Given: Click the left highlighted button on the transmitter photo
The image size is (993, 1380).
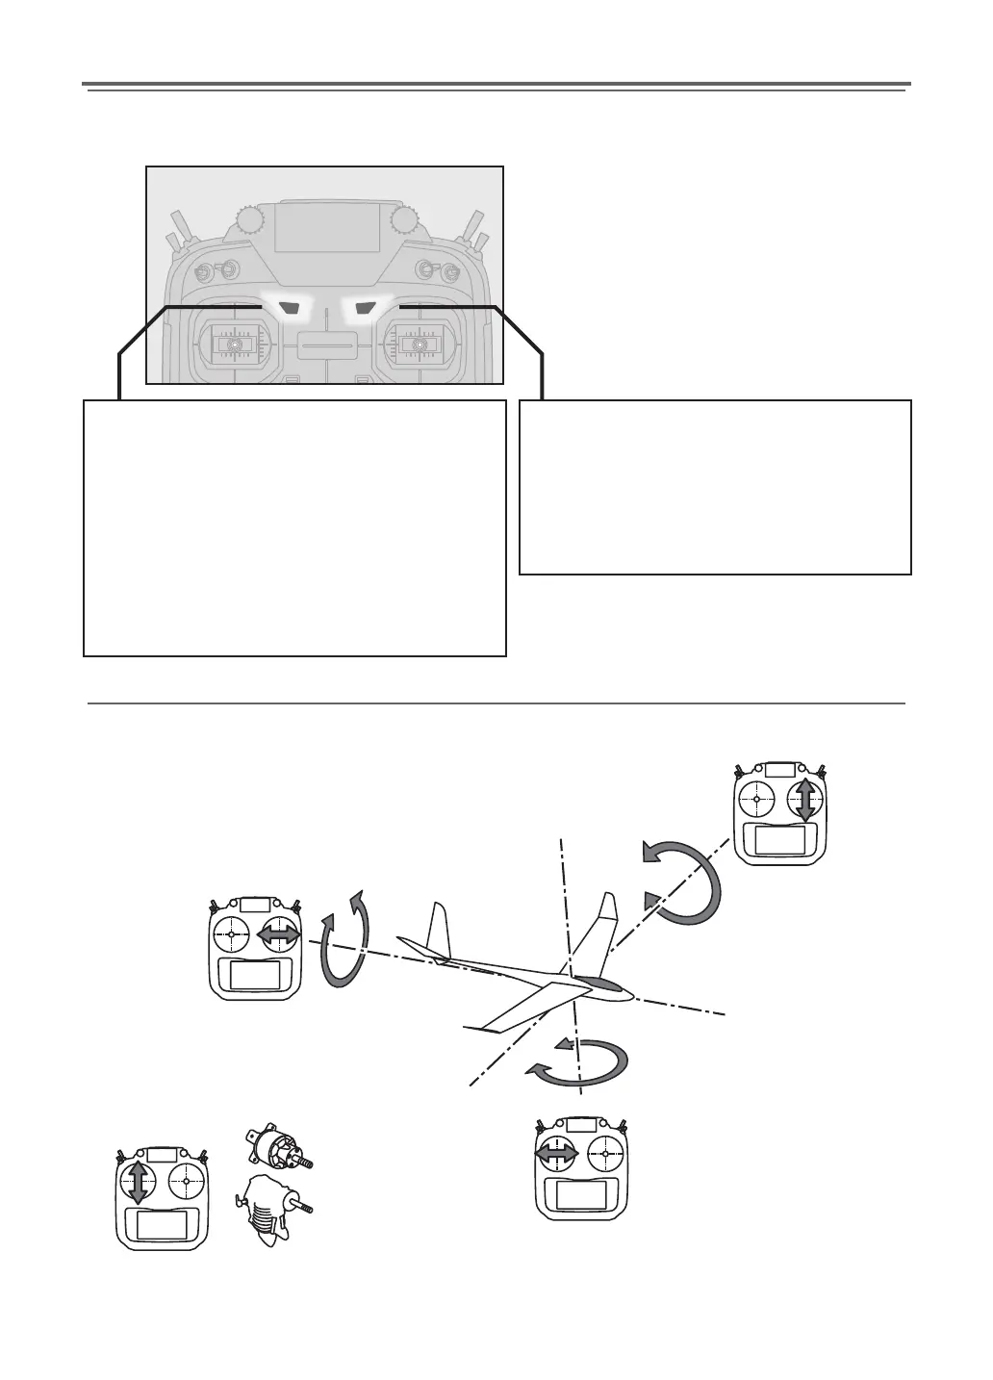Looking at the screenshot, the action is [x=287, y=308].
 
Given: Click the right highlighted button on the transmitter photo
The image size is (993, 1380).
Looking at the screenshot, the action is [x=363, y=308].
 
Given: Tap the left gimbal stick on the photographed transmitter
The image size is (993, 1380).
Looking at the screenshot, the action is [x=232, y=344].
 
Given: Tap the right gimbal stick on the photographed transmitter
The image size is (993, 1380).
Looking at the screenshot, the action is [x=417, y=344].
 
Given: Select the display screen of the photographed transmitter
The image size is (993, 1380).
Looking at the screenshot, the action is [x=326, y=230].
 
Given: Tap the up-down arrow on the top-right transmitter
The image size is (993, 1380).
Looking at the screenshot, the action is [x=805, y=800].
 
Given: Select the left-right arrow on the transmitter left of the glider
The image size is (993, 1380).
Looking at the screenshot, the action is [x=280, y=934].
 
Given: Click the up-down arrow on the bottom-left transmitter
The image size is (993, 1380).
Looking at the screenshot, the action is [x=138, y=1181].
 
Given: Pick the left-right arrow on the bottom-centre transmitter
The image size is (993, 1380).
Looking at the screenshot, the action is [x=556, y=1152].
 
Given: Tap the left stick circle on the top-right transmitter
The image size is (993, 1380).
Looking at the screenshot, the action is [x=757, y=800].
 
